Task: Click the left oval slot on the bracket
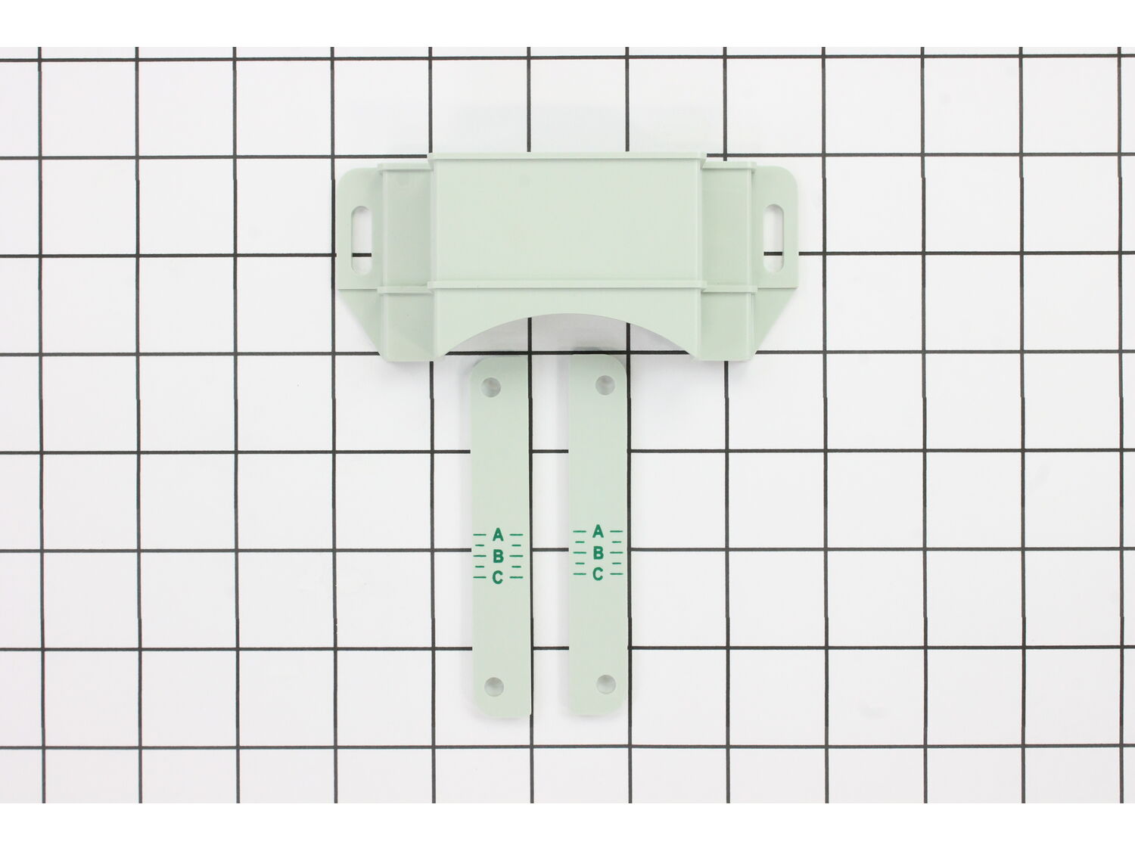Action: (362, 241)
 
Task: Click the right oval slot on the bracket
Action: (773, 238)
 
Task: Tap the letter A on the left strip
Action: (497, 534)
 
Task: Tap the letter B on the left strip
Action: (497, 556)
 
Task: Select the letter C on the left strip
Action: (497, 577)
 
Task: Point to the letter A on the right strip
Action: (598, 531)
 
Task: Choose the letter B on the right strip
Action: (598, 553)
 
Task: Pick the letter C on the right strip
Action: (598, 574)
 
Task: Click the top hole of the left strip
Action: (491, 386)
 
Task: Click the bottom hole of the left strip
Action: (494, 685)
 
